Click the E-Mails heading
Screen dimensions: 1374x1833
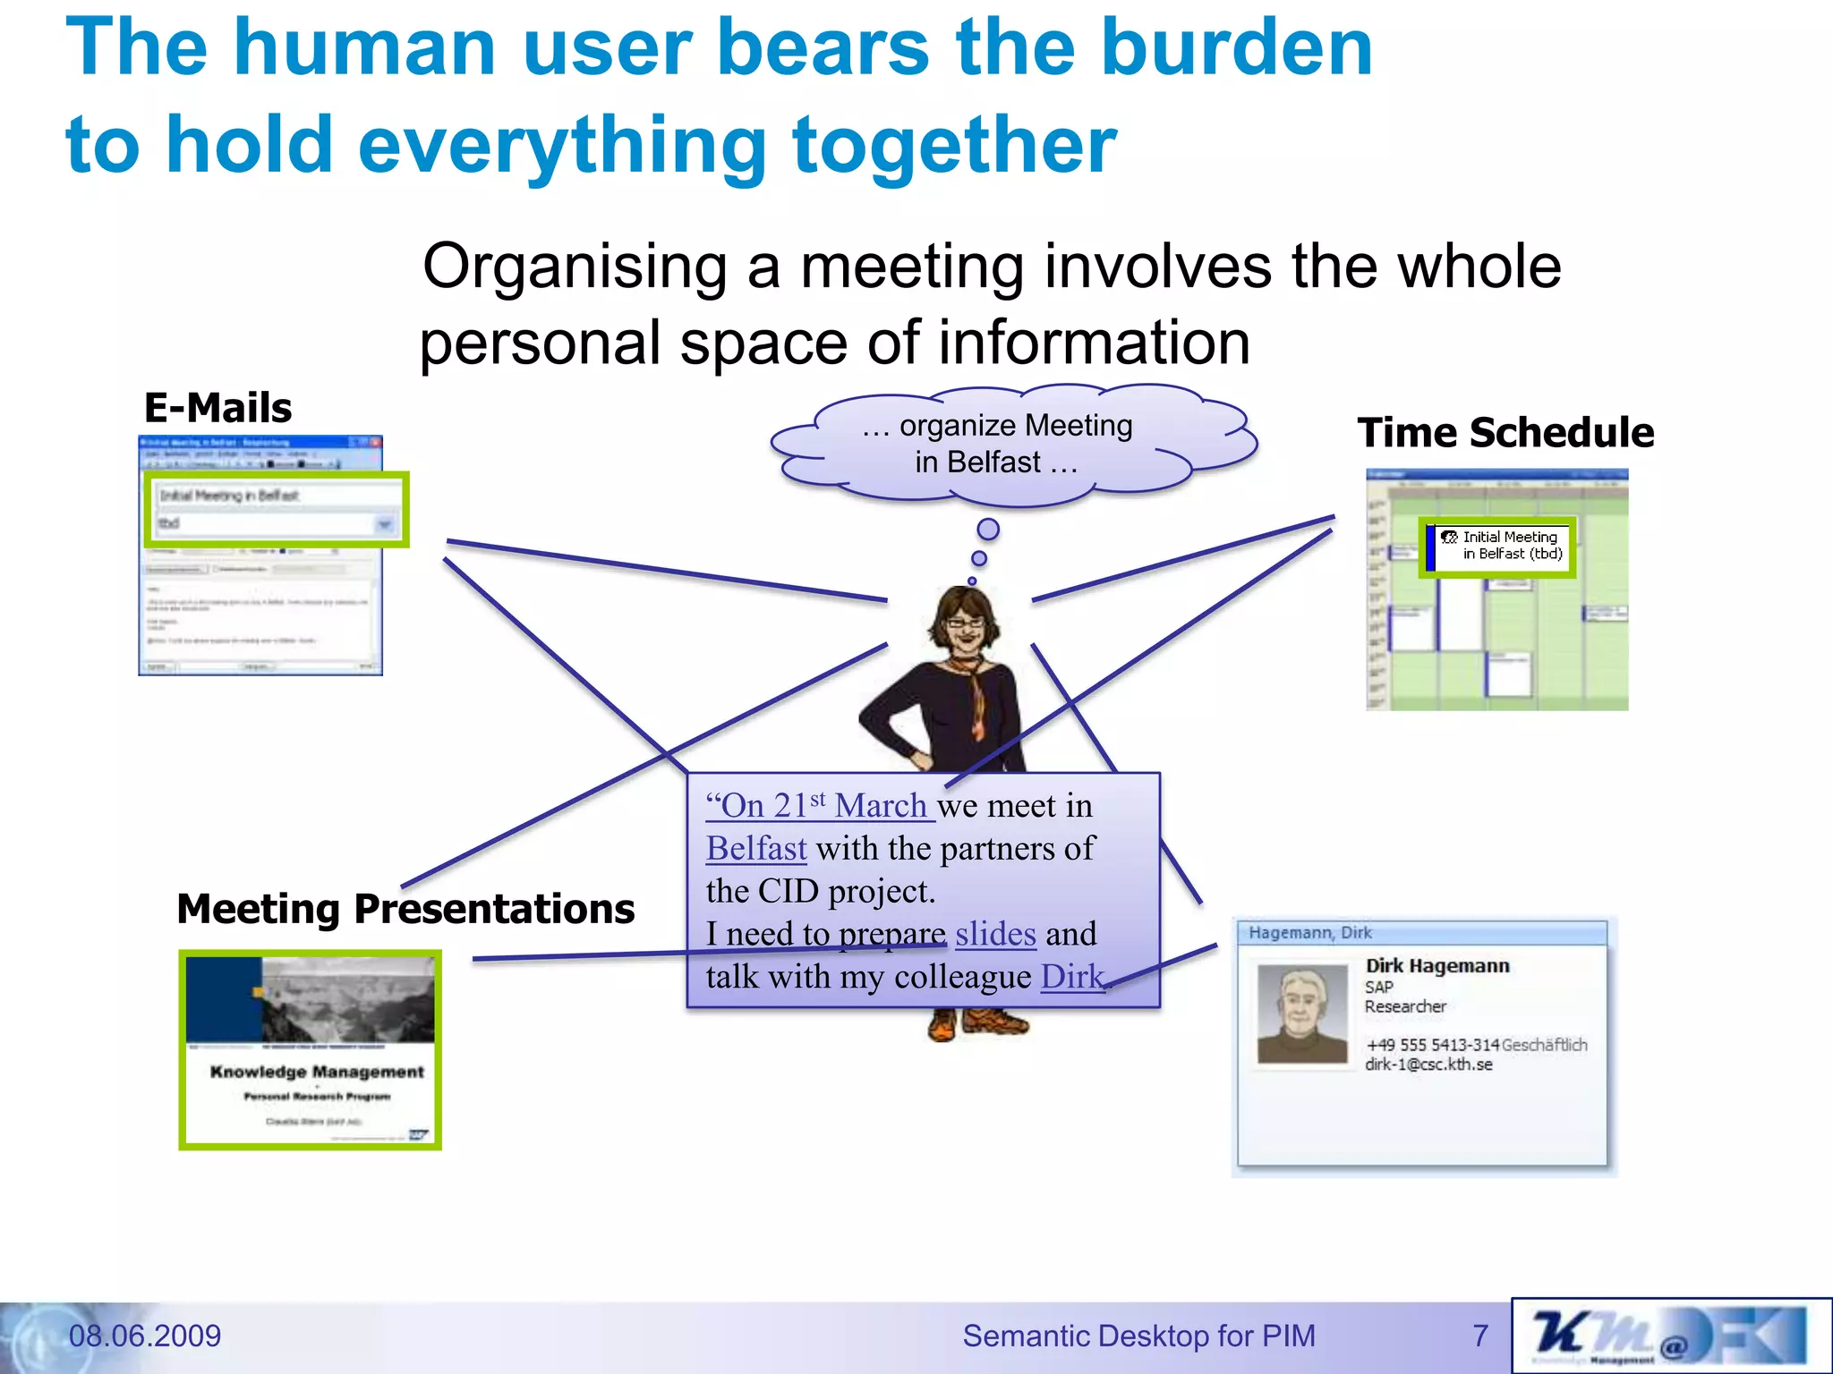[217, 408]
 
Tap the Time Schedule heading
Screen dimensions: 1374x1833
[1505, 433]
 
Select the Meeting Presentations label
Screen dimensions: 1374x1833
[405, 909]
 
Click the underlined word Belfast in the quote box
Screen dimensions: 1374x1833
[756, 848]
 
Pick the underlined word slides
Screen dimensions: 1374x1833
[995, 934]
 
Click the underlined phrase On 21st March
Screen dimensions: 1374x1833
[819, 806]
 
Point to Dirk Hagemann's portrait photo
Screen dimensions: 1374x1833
[1302, 1014]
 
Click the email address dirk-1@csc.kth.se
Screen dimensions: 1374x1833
[1428, 1064]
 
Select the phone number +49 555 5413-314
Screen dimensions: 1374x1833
[1432, 1045]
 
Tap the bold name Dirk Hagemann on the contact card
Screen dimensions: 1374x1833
[1437, 966]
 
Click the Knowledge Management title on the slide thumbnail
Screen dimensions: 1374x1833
[317, 1072]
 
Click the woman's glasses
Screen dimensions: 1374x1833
[963, 621]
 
